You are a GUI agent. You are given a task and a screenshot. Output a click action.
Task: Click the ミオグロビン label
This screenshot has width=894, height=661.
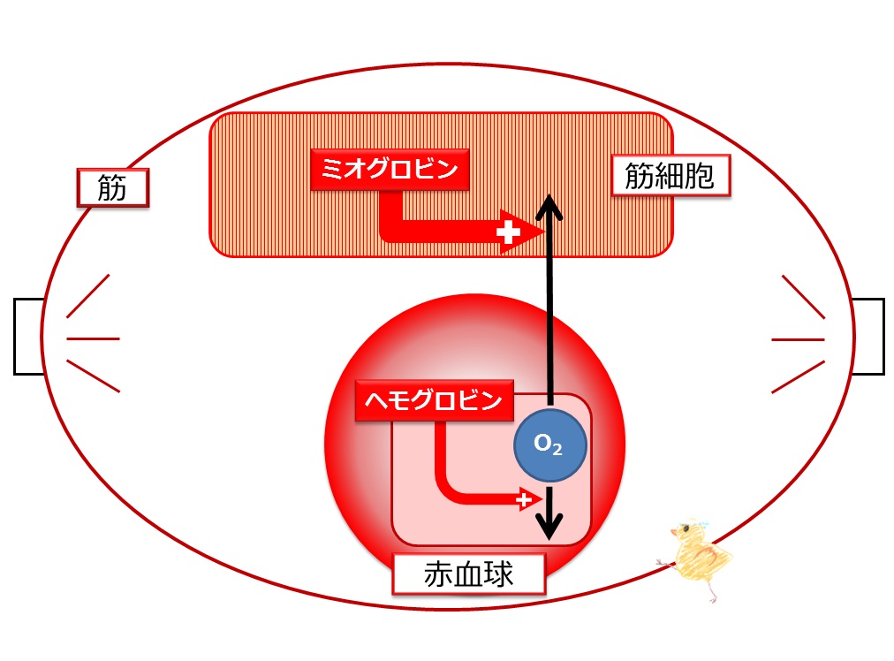(390, 170)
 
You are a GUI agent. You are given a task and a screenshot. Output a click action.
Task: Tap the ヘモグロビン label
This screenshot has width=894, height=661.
(434, 400)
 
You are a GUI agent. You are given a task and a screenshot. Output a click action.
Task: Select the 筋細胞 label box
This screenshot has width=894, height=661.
(670, 175)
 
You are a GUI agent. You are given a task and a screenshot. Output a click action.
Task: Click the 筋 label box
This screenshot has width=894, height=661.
(113, 187)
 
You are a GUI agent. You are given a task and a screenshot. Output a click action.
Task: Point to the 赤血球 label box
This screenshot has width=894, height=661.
(469, 574)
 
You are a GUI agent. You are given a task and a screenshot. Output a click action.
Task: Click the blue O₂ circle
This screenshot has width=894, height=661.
(550, 444)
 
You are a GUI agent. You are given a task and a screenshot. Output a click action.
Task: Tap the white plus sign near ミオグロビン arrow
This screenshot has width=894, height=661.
(508, 232)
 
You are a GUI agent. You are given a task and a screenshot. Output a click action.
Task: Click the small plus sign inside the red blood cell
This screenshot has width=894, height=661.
(523, 500)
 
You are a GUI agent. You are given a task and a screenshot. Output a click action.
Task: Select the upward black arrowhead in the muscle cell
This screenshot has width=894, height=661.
(549, 208)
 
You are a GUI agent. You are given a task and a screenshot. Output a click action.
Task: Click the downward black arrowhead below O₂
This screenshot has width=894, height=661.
(549, 526)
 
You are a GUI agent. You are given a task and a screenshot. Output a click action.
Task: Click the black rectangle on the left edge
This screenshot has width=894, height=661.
(28, 337)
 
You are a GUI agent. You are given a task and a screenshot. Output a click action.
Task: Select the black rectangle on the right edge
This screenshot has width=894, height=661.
(867, 337)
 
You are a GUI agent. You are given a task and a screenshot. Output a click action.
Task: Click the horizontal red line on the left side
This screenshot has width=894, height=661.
(93, 338)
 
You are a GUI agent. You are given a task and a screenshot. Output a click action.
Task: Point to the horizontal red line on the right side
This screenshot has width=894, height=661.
(799, 339)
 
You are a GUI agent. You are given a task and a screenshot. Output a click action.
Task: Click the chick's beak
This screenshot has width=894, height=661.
(674, 532)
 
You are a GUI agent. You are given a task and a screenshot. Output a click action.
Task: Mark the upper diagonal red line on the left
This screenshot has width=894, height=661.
(87, 296)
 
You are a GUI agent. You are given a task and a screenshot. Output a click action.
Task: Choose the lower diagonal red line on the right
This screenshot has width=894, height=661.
(799, 377)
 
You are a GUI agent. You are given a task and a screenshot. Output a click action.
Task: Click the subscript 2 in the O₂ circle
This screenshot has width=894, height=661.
(557, 450)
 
